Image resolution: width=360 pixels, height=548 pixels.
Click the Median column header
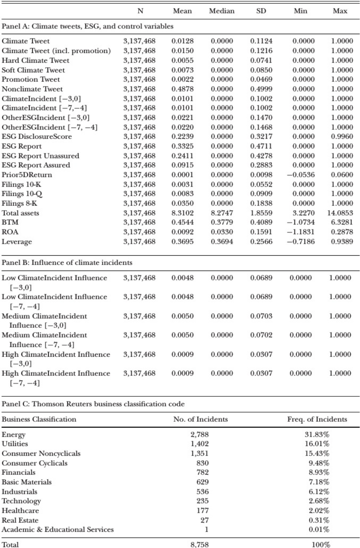[222, 11]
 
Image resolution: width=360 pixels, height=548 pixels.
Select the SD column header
[261, 11]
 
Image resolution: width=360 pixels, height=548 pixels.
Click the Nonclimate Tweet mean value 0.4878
[182, 89]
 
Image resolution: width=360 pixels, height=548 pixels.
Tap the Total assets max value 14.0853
[340, 213]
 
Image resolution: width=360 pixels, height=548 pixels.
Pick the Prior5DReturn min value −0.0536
[301, 175]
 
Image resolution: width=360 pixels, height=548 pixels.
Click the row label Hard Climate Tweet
[35, 60]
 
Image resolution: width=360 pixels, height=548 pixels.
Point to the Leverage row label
[17, 242]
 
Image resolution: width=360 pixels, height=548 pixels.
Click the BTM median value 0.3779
[222, 223]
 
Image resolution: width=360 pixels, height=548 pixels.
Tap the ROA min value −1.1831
[301, 232]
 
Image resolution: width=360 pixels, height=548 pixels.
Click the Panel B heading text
[67, 262]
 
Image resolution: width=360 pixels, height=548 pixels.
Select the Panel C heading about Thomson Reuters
[93, 404]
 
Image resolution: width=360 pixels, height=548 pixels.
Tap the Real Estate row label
[20, 520]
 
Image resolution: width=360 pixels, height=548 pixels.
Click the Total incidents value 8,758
[199, 544]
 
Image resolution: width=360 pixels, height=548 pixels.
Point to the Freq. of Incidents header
[317, 419]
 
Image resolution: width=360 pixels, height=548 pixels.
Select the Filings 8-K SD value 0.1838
[261, 203]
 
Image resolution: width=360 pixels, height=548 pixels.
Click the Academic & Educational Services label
[58, 529]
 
